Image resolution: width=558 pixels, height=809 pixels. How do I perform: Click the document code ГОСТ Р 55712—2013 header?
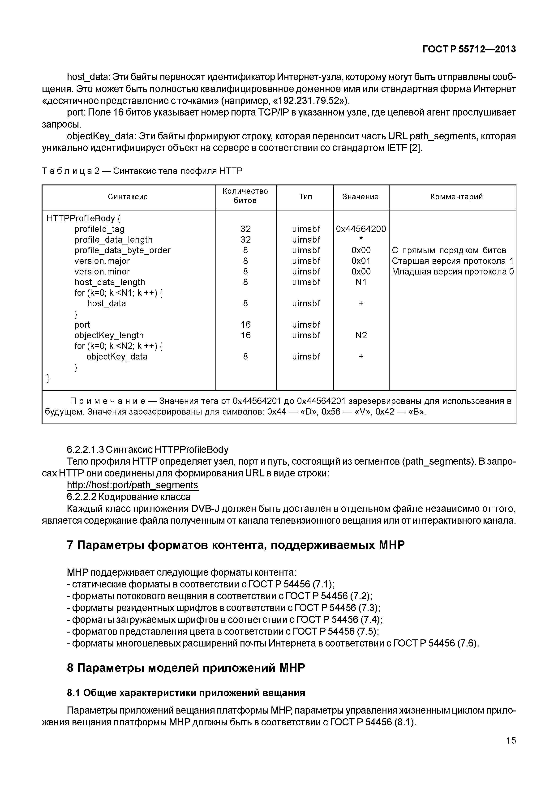pyautogui.click(x=469, y=49)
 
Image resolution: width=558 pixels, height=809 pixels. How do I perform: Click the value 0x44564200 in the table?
pyautogui.click(x=361, y=229)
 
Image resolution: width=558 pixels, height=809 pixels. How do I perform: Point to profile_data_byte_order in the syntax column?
pyautogui.click(x=122, y=250)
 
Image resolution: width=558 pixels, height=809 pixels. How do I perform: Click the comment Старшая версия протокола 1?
pyautogui.click(x=452, y=261)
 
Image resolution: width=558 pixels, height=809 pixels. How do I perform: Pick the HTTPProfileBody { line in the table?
pyautogui.click(x=84, y=218)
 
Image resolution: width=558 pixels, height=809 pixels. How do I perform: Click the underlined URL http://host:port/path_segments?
pyautogui.click(x=133, y=485)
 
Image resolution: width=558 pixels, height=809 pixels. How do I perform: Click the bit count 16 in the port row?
pyautogui.click(x=245, y=325)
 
